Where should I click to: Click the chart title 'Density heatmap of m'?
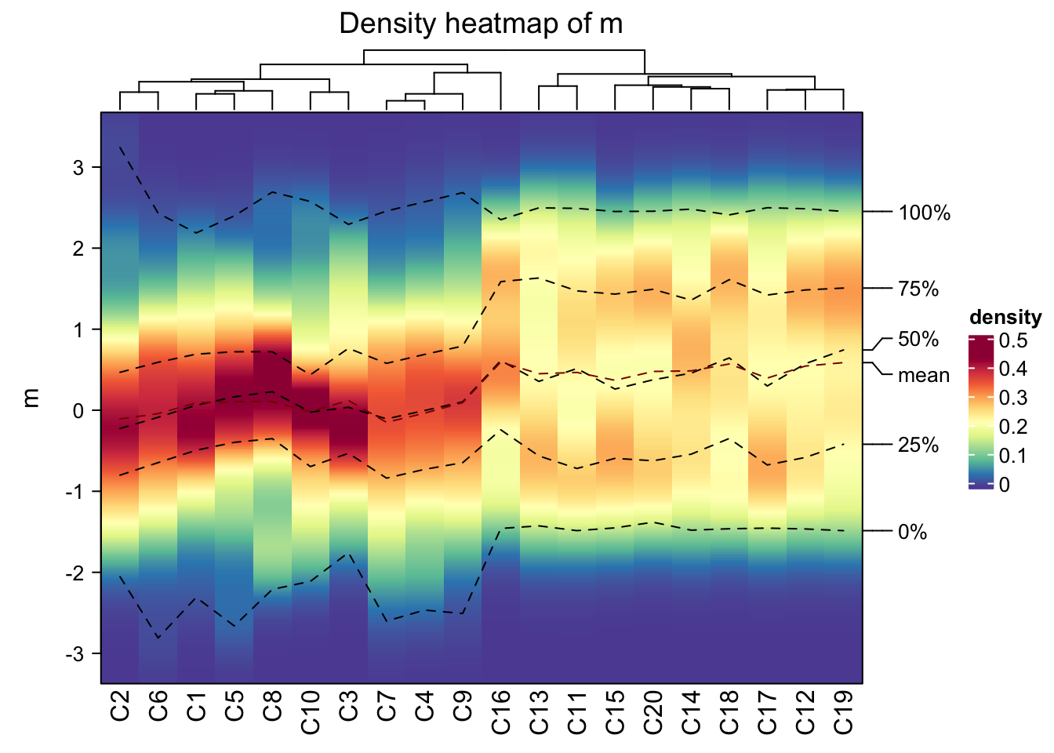coord(481,24)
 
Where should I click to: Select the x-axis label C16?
coord(501,712)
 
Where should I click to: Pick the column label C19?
coord(843,712)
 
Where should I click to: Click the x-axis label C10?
coord(311,712)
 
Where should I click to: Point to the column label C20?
coord(653,712)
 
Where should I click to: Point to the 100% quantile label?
coord(924,213)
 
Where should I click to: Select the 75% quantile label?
coord(918,289)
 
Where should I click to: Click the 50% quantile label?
coord(918,340)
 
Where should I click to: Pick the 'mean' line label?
coord(924,376)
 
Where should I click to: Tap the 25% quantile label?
coord(918,446)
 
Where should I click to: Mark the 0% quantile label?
coord(913,533)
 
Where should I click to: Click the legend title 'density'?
coord(1005,317)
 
